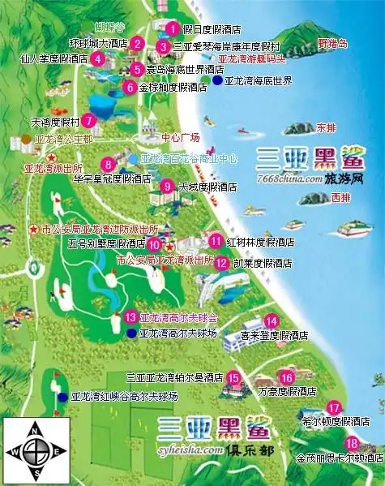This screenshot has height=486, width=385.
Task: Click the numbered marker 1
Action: point(171,28)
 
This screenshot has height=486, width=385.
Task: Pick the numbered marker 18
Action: point(351,443)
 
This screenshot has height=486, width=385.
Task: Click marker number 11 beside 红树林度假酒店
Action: point(216,240)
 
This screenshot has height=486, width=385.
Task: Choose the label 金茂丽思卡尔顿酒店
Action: point(340,458)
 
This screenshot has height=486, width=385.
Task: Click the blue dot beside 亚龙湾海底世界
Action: point(217,81)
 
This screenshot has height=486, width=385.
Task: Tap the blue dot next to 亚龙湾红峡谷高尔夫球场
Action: point(63,397)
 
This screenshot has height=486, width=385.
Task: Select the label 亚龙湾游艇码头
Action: point(251,59)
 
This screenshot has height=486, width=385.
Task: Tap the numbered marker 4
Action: point(97,58)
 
